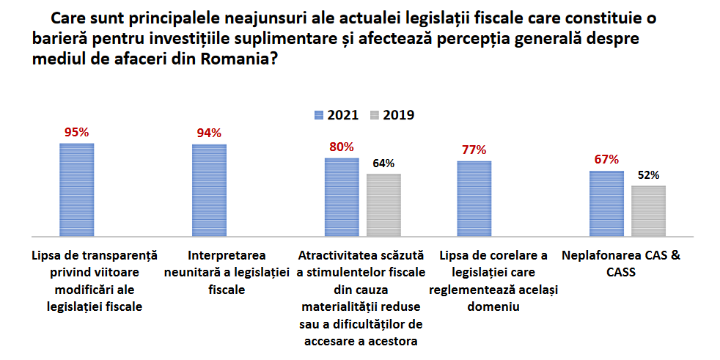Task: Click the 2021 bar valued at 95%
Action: (x=76, y=189)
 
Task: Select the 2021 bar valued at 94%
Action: (x=209, y=190)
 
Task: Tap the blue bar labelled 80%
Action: (x=342, y=196)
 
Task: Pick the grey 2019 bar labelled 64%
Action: (x=383, y=205)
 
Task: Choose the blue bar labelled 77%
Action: (x=474, y=198)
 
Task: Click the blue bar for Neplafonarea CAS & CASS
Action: (x=606, y=203)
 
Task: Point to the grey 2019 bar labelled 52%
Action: (x=648, y=210)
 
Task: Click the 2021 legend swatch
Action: (x=318, y=115)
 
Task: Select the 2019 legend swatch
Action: (x=374, y=115)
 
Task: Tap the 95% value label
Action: (x=76, y=133)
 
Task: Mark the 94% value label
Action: (x=209, y=133)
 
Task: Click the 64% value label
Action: (x=383, y=164)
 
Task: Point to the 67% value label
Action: (x=606, y=160)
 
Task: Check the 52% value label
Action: (x=648, y=175)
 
